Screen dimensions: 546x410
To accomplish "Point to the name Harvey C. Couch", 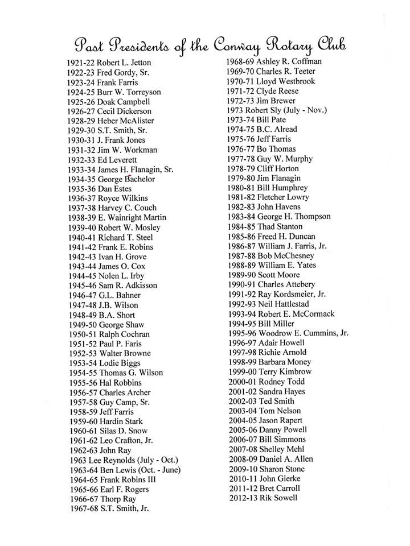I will point(128,208).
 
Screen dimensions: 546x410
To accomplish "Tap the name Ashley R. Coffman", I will point(289,61).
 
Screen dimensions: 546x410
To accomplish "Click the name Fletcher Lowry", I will point(283,197).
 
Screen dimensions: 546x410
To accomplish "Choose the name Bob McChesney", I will point(286,255).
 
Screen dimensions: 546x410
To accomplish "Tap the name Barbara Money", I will point(284,362).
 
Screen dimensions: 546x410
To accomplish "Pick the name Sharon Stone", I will point(281,469).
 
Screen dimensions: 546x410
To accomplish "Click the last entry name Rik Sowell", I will point(278,498).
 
